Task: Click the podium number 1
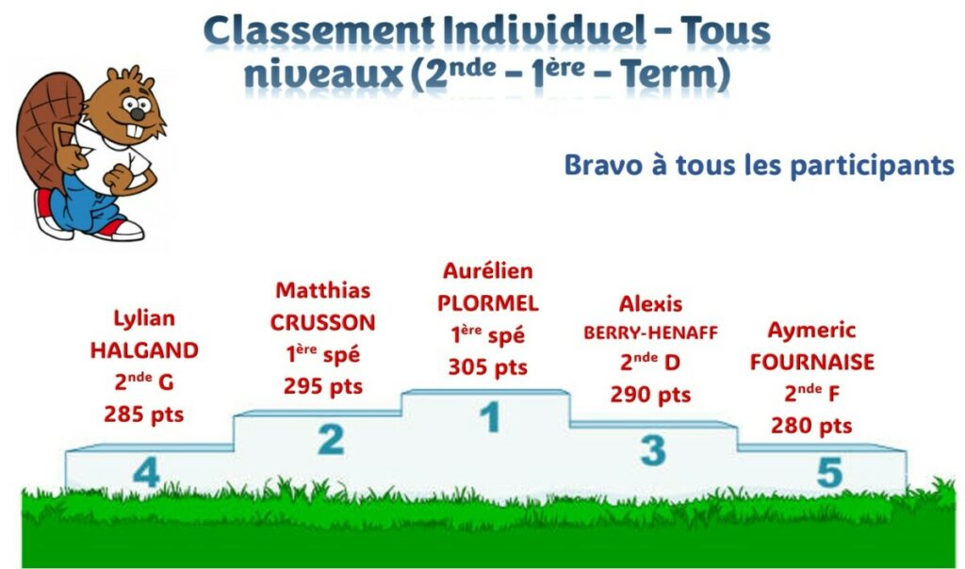490,416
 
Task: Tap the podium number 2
331,439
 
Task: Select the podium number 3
653,450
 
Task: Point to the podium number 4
146,473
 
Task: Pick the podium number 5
829,472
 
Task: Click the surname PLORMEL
488,303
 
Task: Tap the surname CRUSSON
322,323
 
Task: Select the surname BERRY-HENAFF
650,333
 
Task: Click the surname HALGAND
144,350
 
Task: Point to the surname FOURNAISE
811,363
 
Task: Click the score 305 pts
487,367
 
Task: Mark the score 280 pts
811,426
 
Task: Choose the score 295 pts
323,387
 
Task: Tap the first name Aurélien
488,270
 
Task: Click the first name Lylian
144,318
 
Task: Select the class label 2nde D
650,362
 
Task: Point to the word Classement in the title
319,31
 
